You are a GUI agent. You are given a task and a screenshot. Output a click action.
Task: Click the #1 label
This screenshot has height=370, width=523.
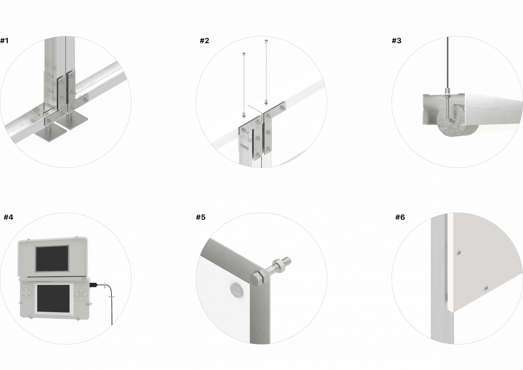(4, 41)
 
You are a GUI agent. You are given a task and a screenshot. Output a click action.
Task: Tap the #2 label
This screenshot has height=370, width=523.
(204, 41)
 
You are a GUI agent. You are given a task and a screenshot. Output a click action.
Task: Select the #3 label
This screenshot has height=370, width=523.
(397, 41)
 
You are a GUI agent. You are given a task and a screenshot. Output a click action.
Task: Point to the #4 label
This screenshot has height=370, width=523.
(8, 217)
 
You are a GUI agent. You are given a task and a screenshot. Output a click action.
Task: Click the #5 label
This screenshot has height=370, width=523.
(200, 217)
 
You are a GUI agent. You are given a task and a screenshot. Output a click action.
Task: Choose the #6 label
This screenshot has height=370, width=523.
(400, 217)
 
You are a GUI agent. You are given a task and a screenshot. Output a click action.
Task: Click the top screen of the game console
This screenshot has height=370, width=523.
(52, 258)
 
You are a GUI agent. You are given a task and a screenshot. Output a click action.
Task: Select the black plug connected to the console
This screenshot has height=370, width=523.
(93, 285)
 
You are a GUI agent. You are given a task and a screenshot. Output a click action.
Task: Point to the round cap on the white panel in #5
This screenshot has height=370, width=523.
(236, 290)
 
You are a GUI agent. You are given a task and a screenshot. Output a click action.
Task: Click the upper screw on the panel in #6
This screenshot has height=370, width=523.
(459, 253)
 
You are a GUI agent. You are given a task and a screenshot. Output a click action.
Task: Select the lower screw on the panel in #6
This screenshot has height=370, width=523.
(486, 289)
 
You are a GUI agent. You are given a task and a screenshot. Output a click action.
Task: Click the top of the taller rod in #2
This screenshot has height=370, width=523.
(267, 41)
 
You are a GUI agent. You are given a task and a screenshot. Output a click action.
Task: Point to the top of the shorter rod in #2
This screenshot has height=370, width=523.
(244, 54)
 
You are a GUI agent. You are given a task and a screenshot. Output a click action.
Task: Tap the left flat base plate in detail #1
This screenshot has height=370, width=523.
(50, 133)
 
